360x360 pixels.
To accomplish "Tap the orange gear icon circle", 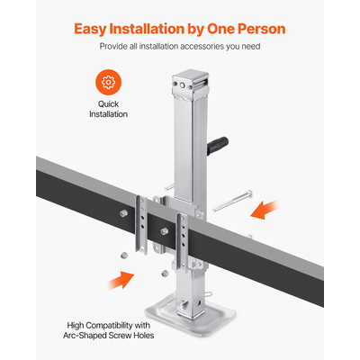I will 109,83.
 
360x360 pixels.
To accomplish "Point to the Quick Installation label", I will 109,109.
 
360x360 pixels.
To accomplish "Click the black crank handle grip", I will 220,140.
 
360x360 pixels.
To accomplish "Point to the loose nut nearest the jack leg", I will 163,273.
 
